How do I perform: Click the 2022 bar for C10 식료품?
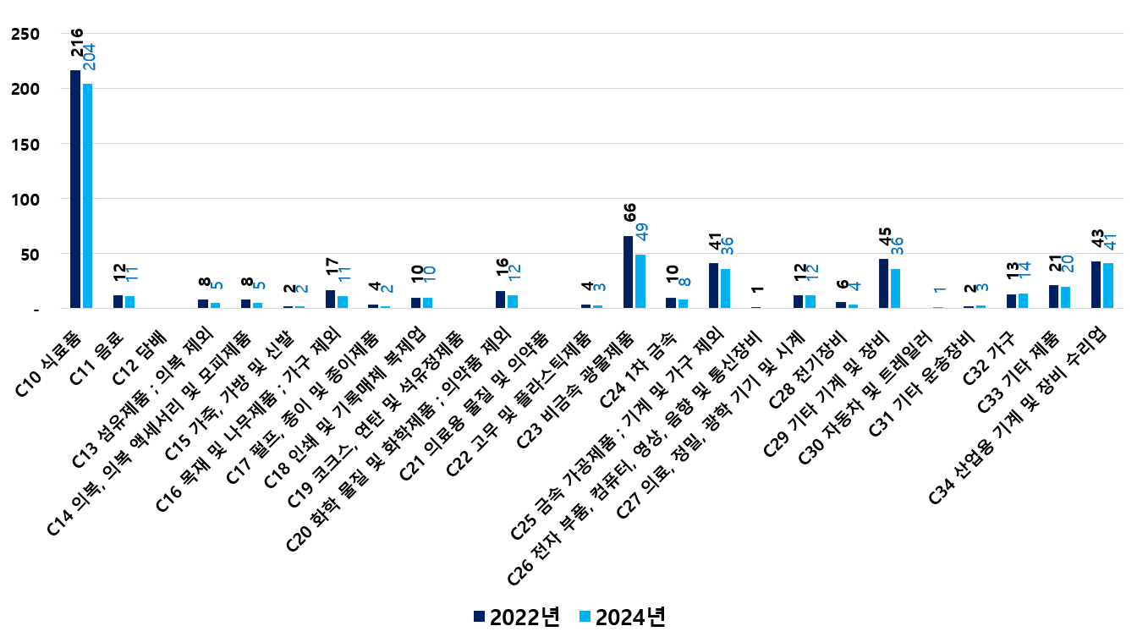point(75,189)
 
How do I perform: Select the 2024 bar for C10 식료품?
point(87,195)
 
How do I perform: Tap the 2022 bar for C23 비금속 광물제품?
point(628,272)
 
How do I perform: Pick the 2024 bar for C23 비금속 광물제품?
point(640,281)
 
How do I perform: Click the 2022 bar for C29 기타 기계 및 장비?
point(883,283)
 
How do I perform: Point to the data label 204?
point(89,58)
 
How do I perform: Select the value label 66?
point(629,211)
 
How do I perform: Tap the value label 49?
point(642,231)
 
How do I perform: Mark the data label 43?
point(1096,239)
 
